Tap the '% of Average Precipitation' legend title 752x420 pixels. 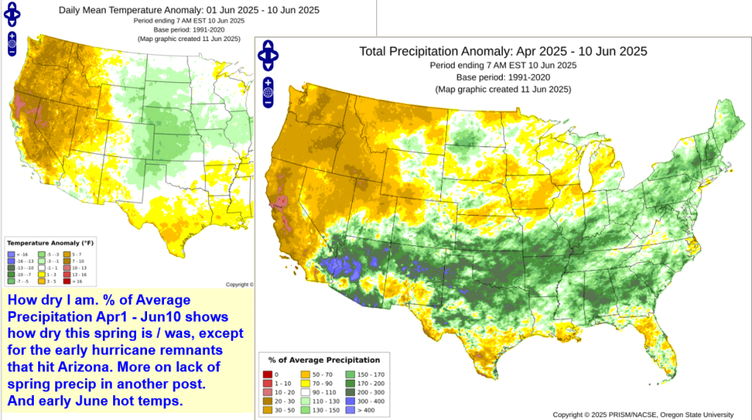[323, 360]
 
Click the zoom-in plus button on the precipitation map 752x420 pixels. [268, 82]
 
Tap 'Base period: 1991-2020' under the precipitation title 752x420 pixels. [502, 77]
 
